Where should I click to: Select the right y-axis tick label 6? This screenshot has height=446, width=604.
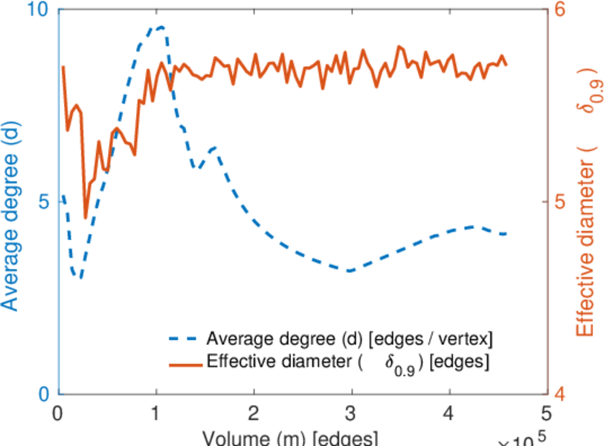coord(560,10)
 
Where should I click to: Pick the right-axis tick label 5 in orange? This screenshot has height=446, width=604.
coord(560,201)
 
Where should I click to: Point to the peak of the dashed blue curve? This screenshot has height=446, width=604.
coord(159,27)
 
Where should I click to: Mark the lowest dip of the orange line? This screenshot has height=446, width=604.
coord(86,218)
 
